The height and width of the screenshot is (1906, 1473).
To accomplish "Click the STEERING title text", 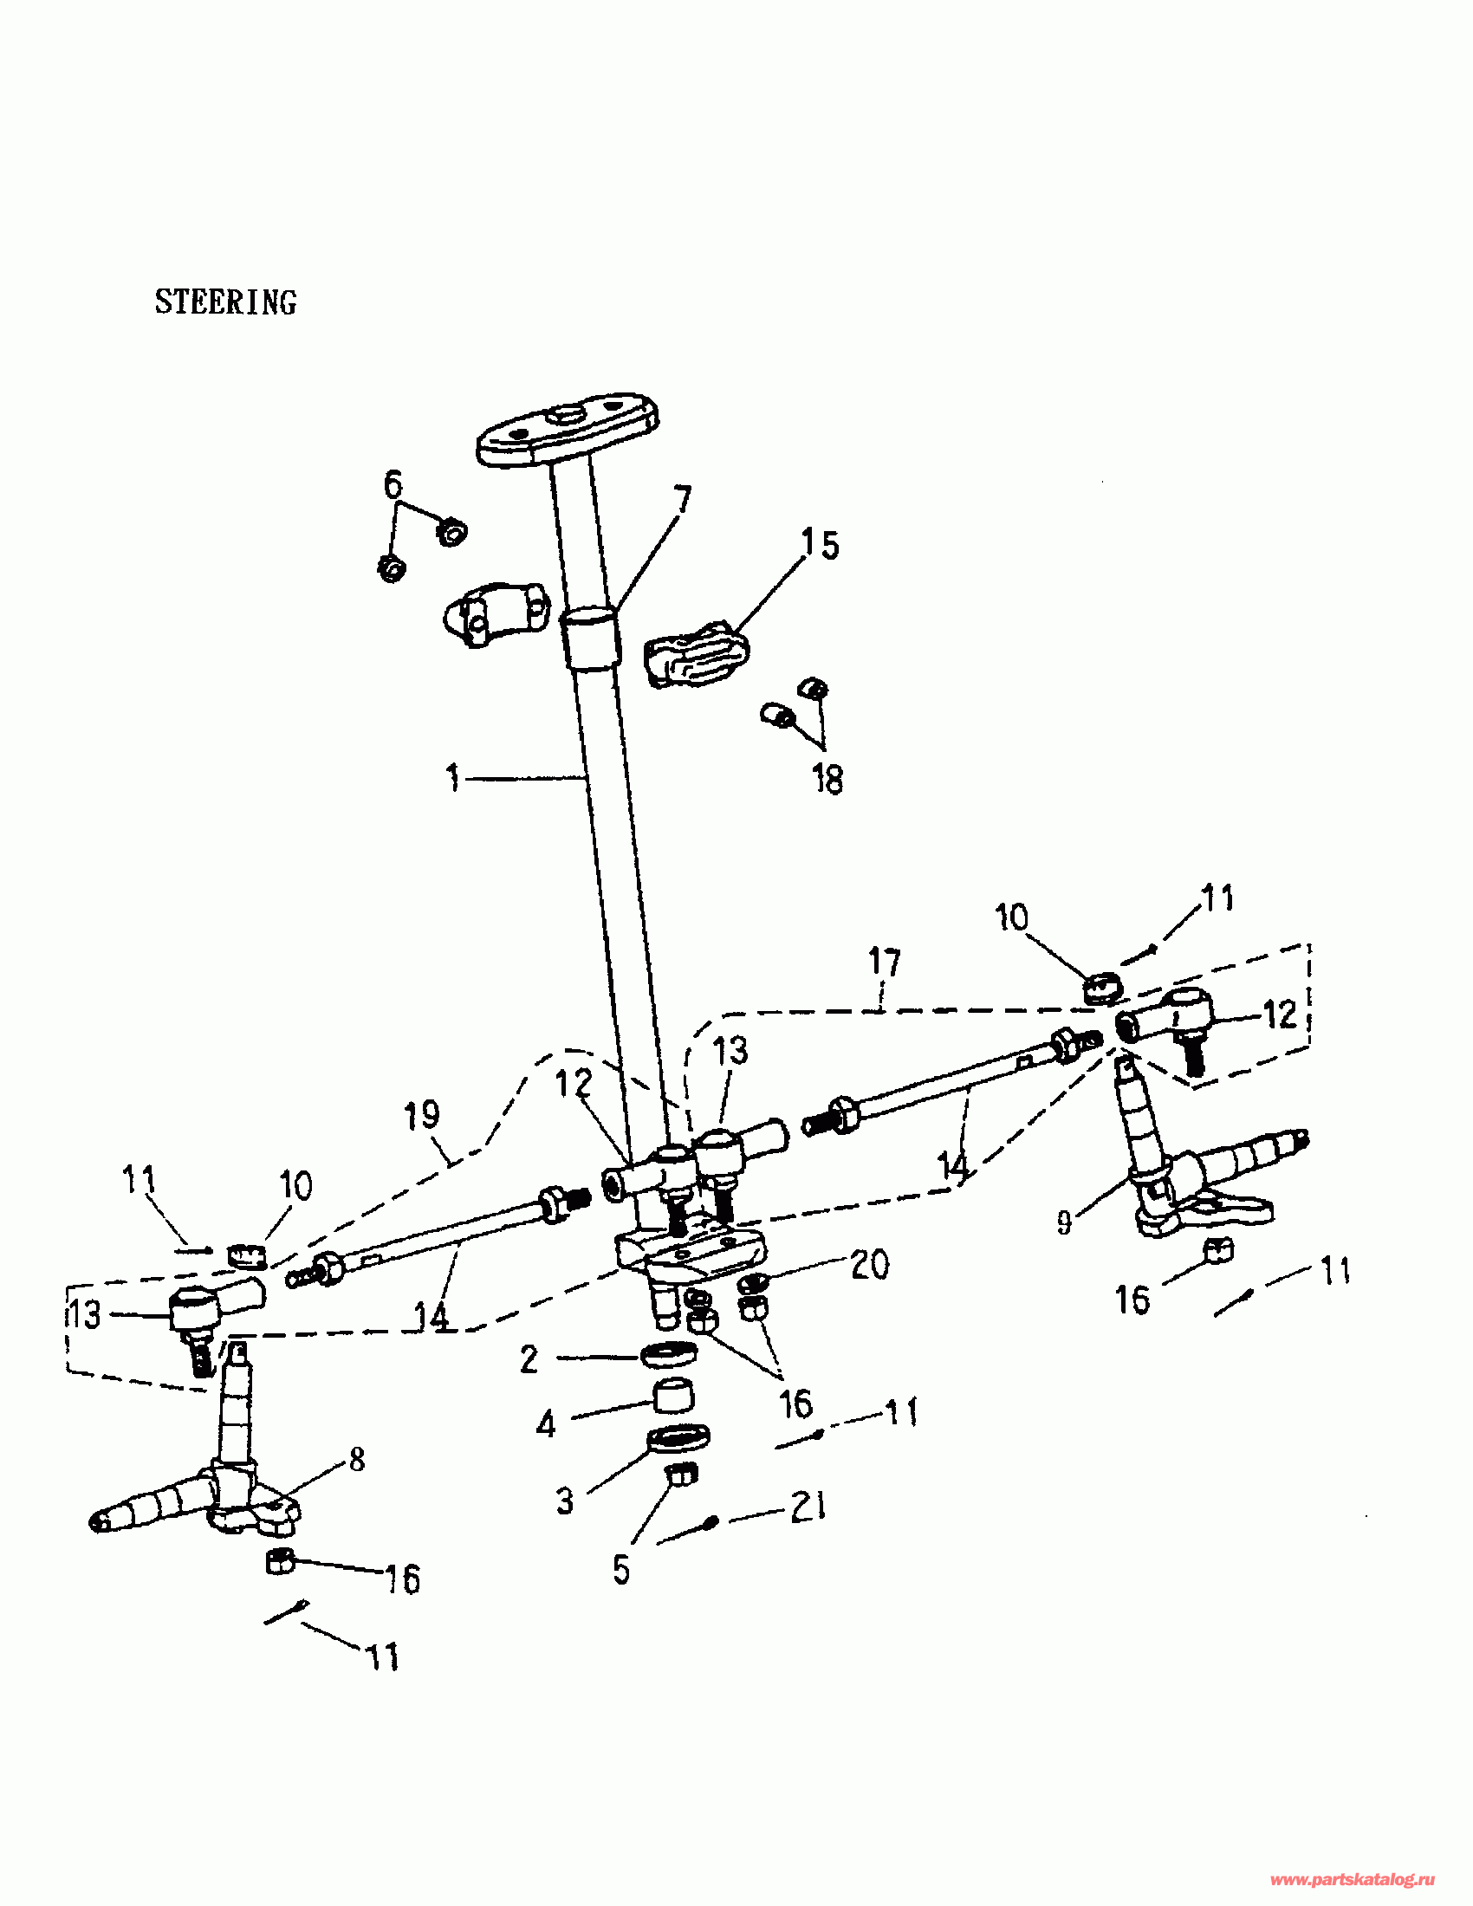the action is (x=226, y=302).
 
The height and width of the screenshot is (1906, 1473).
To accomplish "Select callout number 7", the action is (x=682, y=499).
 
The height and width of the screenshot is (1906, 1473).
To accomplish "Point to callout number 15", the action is (x=821, y=545).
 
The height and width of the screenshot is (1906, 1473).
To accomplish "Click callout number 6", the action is (x=393, y=483).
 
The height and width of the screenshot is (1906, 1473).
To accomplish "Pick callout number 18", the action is (x=828, y=780).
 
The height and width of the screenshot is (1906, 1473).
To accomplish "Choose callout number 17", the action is (x=884, y=962).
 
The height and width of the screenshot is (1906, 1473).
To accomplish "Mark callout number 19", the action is (x=423, y=1114).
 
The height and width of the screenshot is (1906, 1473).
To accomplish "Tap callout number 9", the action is (x=1064, y=1222).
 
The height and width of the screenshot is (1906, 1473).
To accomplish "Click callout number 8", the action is (x=357, y=1459).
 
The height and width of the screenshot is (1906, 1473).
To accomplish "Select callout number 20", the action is (x=869, y=1265).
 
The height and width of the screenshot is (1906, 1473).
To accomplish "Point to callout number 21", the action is (x=808, y=1507).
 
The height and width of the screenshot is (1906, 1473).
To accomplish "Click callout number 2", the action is (x=529, y=1359).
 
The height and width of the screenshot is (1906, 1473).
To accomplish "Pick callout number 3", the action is (x=565, y=1501).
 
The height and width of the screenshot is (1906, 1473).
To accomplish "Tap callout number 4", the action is (x=546, y=1425).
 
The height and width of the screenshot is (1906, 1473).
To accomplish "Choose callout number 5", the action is (x=621, y=1570).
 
